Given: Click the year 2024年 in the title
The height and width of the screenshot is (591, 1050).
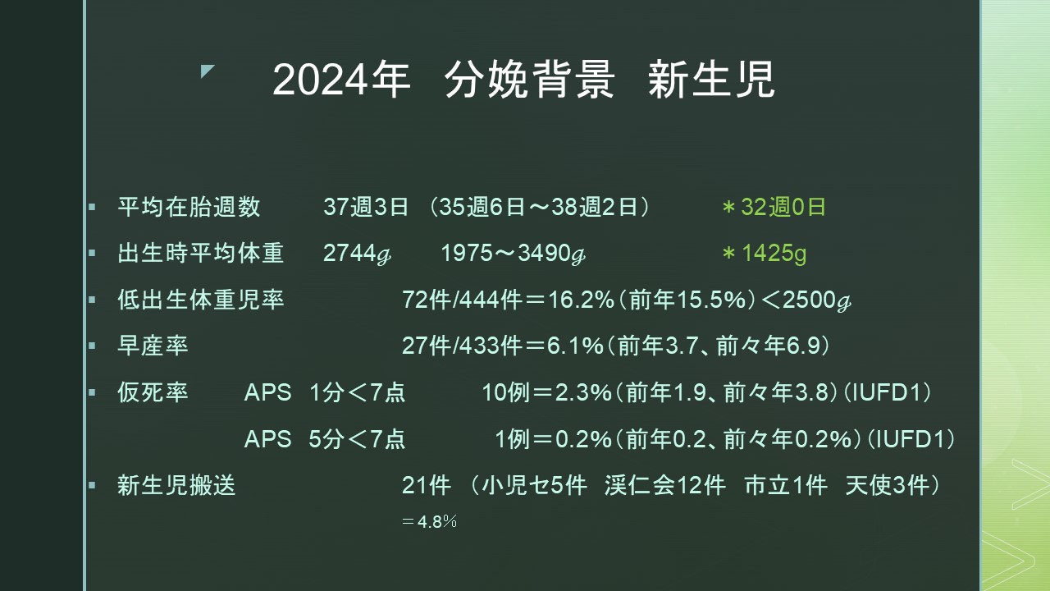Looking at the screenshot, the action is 341,80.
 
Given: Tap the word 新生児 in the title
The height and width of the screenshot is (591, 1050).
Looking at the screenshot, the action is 711,80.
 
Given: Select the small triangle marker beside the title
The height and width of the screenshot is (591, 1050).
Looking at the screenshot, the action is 208,71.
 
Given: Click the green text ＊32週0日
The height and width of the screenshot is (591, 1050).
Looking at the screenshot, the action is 774,207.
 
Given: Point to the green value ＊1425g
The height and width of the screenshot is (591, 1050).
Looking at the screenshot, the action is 764,254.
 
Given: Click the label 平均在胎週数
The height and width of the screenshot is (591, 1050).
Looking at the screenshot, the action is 189,207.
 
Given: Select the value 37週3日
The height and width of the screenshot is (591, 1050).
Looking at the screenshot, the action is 366,207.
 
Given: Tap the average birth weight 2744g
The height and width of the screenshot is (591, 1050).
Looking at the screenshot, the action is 357,254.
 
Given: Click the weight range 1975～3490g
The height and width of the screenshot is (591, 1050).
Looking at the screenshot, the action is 514,254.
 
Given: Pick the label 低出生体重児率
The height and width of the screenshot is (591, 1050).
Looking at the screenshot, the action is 201,300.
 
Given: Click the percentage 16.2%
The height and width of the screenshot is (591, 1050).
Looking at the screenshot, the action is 582,300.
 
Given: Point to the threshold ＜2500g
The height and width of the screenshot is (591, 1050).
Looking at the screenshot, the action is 806,300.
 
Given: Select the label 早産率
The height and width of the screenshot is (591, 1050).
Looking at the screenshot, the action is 153,346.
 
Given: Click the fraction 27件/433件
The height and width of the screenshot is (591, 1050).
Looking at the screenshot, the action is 462,346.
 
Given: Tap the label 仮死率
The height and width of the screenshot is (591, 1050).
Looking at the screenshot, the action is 153,392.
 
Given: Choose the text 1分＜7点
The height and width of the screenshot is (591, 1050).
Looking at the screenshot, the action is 357,392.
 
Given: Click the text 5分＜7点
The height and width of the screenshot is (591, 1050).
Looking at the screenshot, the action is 357,439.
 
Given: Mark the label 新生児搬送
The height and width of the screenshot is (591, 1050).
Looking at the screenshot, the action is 176,485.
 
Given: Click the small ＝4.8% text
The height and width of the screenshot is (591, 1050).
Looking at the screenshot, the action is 429,521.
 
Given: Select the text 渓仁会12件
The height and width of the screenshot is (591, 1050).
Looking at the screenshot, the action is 665,485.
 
